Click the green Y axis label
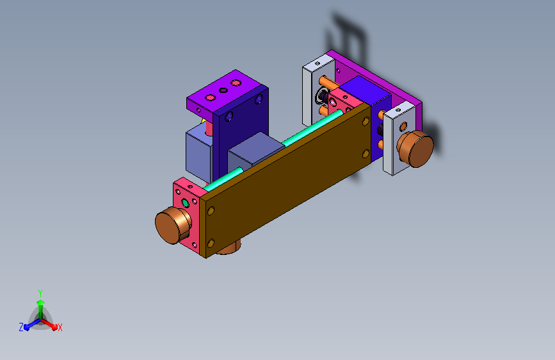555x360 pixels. pyautogui.click(x=40, y=293)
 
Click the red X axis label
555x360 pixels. pyautogui.click(x=60, y=327)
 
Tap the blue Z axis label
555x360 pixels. pyautogui.click(x=21, y=327)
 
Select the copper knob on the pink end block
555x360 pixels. pyautogui.click(x=173, y=225)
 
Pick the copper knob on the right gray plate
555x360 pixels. pyautogui.click(x=415, y=149)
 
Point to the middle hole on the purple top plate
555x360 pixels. pyautogui.click(x=223, y=90)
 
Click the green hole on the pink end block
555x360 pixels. pyautogui.click(x=185, y=203)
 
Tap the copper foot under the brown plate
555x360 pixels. pyautogui.click(x=229, y=247)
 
